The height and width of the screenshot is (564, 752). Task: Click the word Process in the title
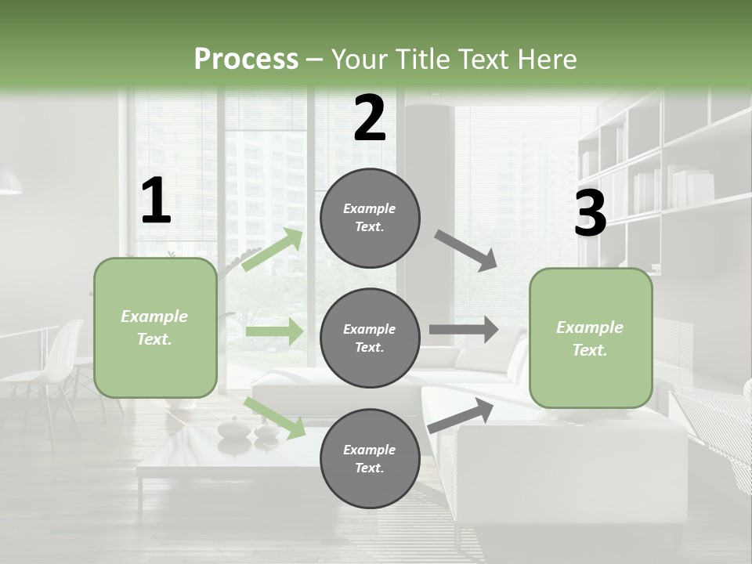pos(246,59)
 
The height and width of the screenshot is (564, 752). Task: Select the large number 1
pos(156,201)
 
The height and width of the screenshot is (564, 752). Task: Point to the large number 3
pos(590,213)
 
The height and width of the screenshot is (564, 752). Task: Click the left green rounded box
pos(155,327)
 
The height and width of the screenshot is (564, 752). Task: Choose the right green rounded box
pos(591,338)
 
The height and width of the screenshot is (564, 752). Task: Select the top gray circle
pos(370,218)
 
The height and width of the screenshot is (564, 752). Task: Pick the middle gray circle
pos(370,338)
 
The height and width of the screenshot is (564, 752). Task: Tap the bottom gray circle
pos(370,458)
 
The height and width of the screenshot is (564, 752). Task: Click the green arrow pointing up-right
pos(273,249)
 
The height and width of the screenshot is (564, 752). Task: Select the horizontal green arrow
pos(274,332)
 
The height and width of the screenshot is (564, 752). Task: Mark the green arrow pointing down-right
pos(275,418)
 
